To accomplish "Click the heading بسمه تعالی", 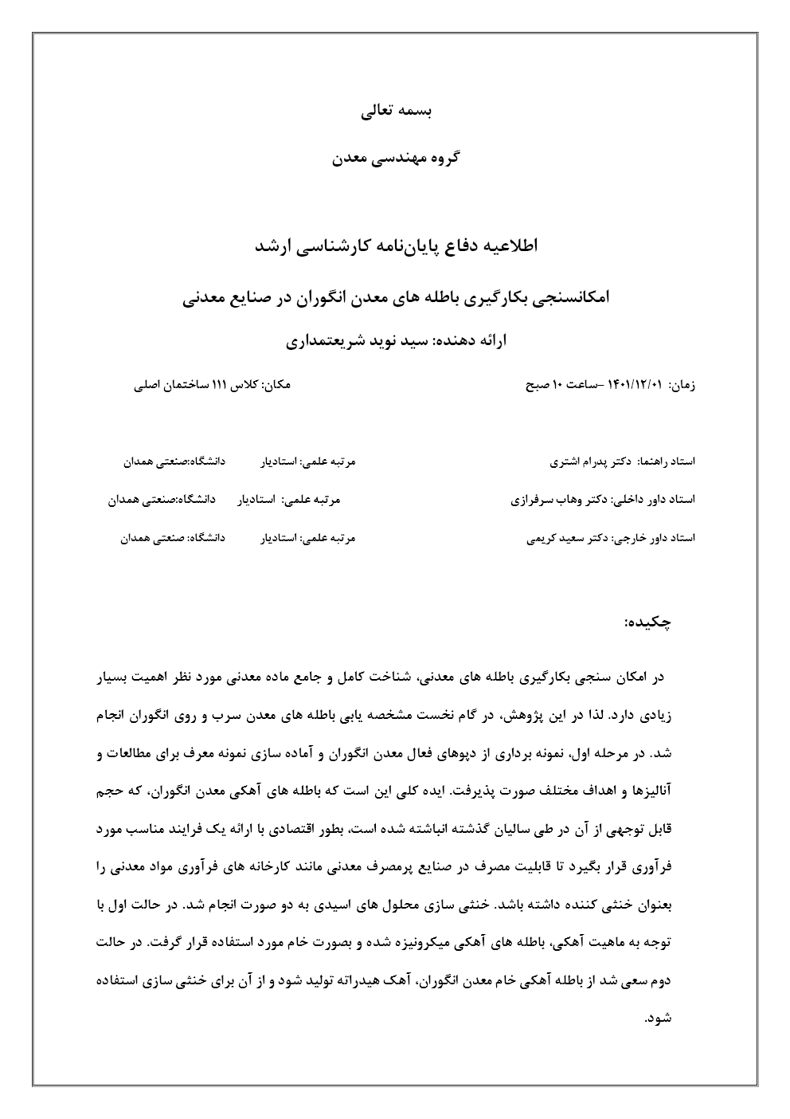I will pyautogui.click(x=395, y=112).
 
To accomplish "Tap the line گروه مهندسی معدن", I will pyautogui.click(x=395, y=158).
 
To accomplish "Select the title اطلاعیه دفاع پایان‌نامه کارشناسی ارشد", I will pyautogui.click(x=396, y=245).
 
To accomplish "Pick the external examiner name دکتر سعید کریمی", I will pyautogui.click(x=569, y=539).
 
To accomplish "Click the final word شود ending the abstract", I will pyautogui.click(x=663, y=1018).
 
